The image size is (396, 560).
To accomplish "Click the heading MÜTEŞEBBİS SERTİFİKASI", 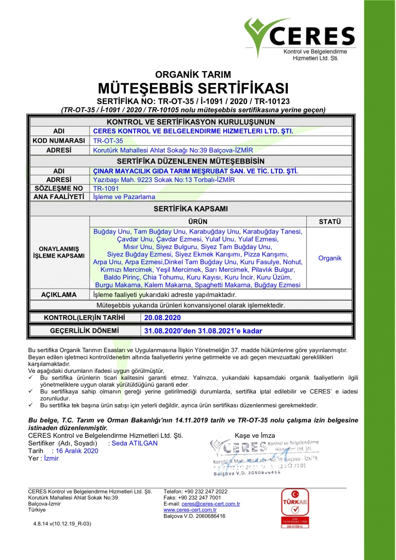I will (193, 87).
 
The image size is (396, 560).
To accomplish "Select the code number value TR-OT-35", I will (108, 140).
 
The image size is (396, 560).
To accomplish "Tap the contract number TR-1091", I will (106, 188).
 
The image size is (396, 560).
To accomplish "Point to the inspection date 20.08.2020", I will (162, 318).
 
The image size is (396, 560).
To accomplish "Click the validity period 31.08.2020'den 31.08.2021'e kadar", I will (203, 331).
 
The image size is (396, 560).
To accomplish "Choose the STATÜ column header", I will (329, 222).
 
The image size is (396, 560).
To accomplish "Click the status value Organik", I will (329, 258).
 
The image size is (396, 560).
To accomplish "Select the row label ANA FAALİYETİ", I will (59, 196).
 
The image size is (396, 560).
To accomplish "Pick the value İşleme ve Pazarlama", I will (124, 196).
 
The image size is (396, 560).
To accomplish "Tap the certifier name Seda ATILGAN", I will (135, 443).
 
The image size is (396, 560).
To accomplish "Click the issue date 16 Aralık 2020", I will (77, 451).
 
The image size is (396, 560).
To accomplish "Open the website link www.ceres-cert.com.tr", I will (190, 510).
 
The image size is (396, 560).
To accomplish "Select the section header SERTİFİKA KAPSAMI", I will (191, 209).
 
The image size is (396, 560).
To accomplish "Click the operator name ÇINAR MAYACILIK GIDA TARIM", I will (195, 171).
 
